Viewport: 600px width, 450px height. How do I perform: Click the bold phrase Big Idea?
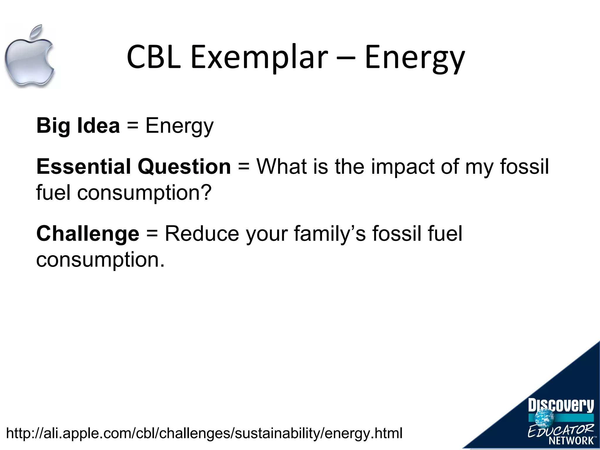coord(78,125)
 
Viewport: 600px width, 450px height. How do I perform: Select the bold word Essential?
coord(84,166)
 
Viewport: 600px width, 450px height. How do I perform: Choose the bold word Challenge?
coord(88,234)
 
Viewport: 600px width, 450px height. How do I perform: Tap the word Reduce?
coord(202,233)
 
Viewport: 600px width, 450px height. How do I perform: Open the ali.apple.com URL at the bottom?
coord(204,433)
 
